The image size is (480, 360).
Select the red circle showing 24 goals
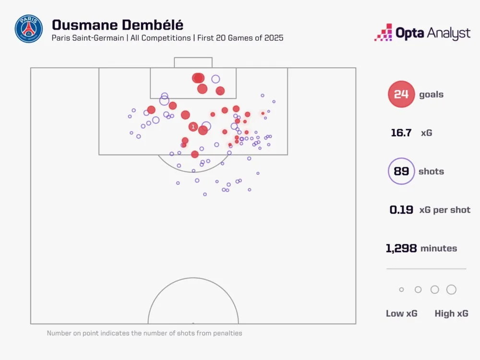click(401, 94)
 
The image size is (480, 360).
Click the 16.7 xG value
click(401, 133)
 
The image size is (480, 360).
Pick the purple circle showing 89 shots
click(401, 171)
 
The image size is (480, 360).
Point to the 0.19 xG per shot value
click(401, 210)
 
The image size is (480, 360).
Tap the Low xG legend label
click(401, 313)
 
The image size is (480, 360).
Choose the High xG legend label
click(451, 313)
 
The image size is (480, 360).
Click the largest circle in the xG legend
click(451, 289)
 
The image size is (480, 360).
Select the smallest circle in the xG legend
click(401, 289)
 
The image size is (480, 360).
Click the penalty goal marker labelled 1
click(193, 127)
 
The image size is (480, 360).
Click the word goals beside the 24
click(431, 95)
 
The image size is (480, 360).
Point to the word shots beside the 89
click(431, 171)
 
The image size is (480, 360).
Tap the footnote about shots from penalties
click(144, 333)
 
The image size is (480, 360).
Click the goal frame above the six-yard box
click(193, 62)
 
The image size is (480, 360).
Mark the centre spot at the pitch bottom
click(193, 323)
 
